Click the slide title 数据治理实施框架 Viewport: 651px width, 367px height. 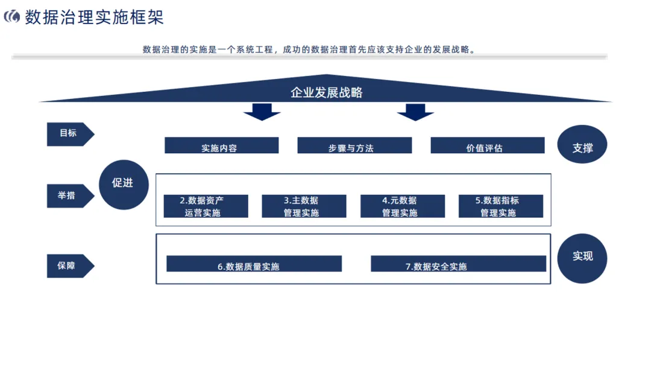pyautogui.click(x=94, y=17)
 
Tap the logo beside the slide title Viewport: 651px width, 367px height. pyautogui.click(x=11, y=17)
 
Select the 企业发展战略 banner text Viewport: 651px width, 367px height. pyautogui.click(x=326, y=92)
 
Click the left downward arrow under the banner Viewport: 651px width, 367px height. pyautogui.click(x=262, y=112)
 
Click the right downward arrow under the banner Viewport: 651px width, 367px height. pyautogui.click(x=415, y=112)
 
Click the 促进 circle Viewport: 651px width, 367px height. pyautogui.click(x=124, y=184)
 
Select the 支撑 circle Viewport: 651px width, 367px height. pyautogui.click(x=582, y=147)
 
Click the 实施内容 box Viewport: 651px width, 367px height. pyautogui.click(x=221, y=145)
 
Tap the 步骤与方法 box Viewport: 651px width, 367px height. pyautogui.click(x=354, y=145)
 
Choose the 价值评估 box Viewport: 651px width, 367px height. pyautogui.click(x=487, y=145)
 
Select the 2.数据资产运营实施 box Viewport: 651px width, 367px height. pyautogui.click(x=206, y=206)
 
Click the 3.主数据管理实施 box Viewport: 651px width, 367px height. pyautogui.click(x=304, y=206)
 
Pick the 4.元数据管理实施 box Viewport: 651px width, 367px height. pyautogui.click(x=402, y=206)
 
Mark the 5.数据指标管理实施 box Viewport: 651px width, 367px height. pyautogui.click(x=500, y=206)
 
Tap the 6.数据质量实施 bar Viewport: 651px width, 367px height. pyautogui.click(x=254, y=264)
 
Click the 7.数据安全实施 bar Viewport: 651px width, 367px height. pyautogui.click(x=458, y=264)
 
